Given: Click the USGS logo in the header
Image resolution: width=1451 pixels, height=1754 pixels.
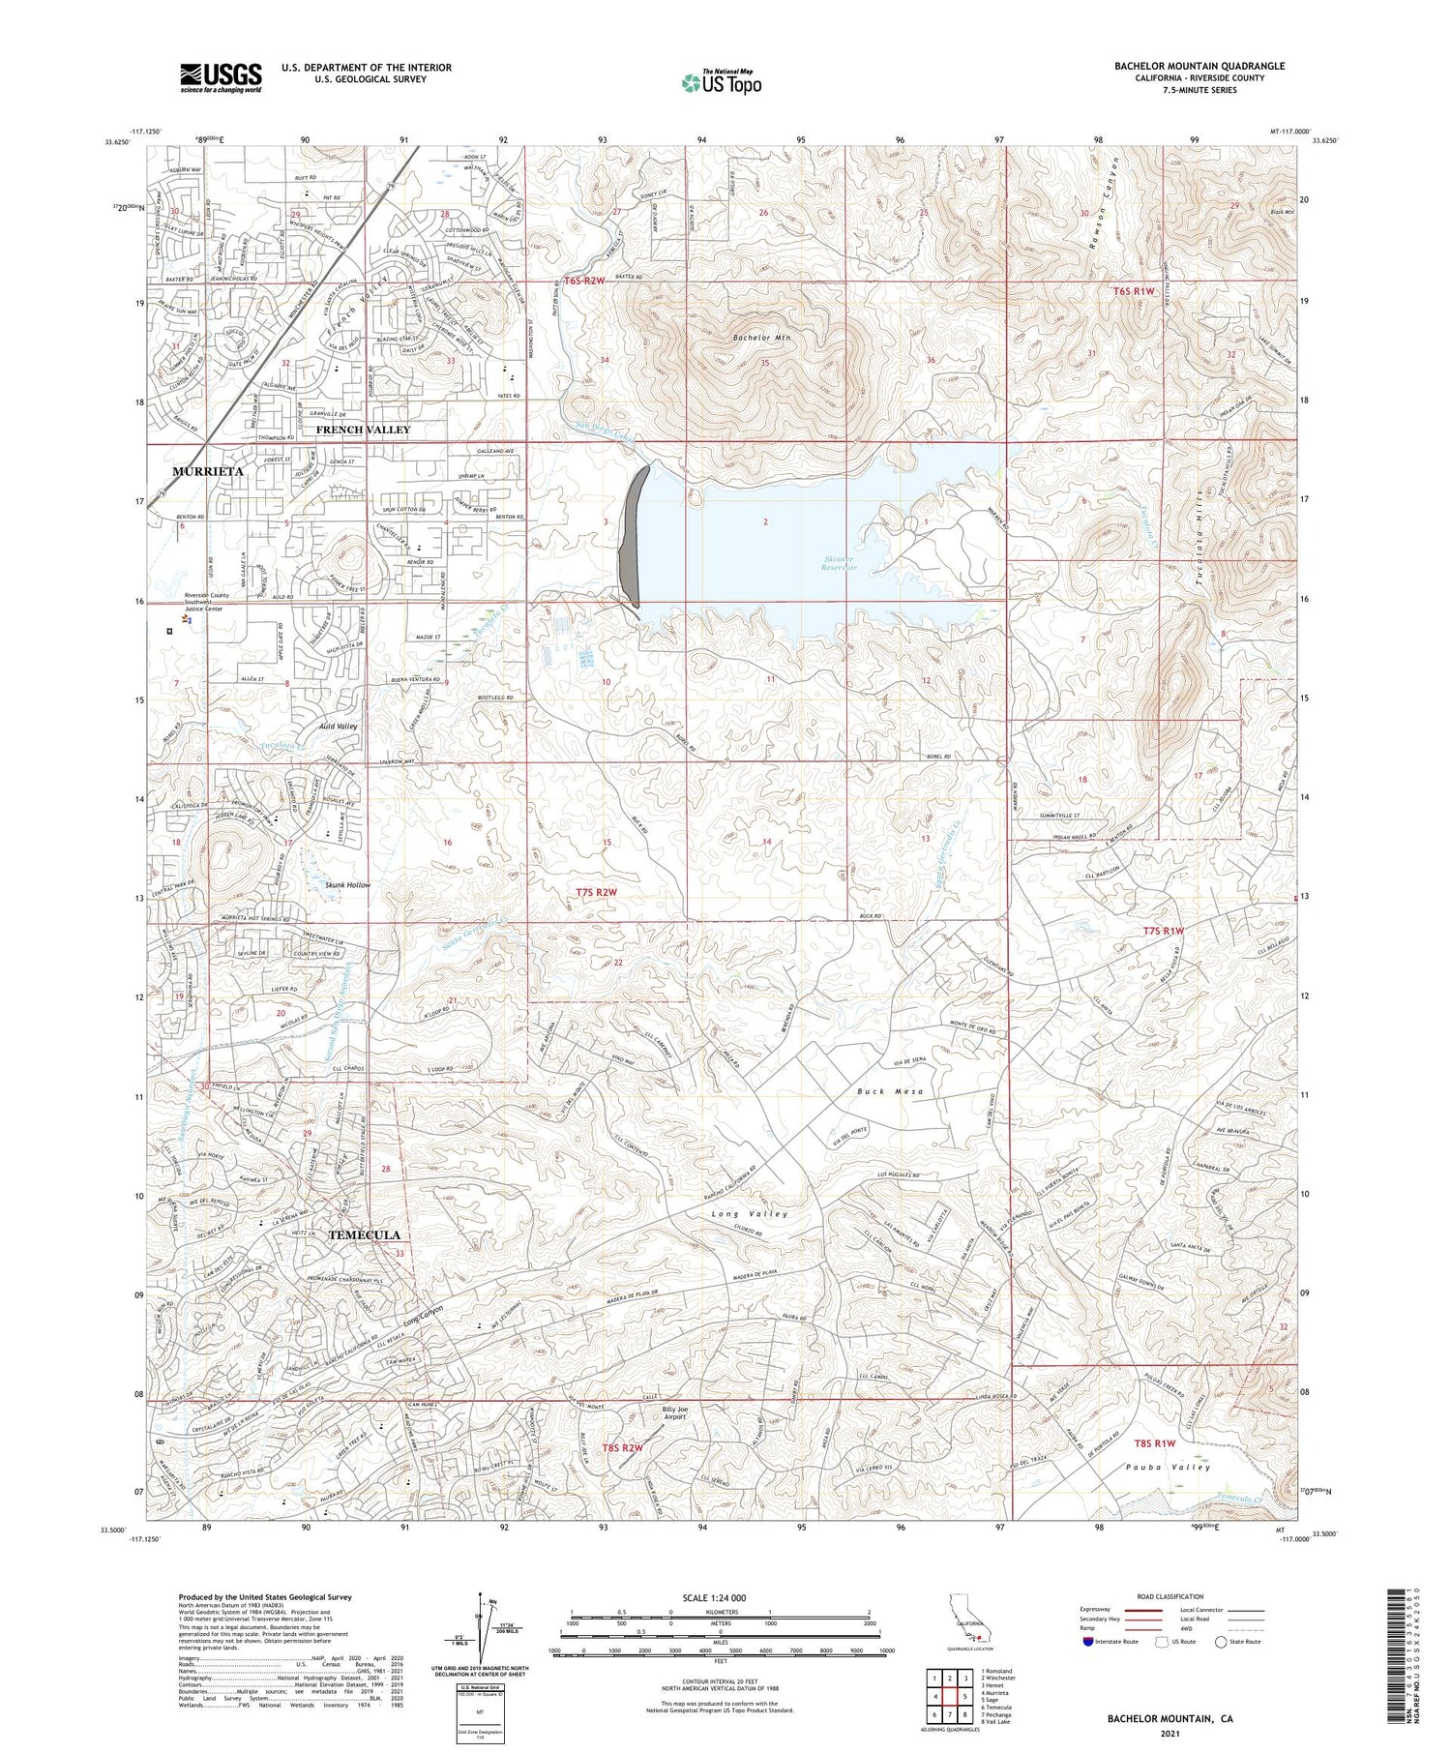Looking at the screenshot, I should point(221,77).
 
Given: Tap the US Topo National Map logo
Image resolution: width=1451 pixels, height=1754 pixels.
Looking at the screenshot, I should point(721,82).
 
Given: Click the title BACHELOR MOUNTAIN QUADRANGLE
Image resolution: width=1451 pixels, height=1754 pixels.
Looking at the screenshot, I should point(1199,66).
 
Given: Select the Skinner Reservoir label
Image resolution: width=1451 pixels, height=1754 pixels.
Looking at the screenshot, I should point(841,563).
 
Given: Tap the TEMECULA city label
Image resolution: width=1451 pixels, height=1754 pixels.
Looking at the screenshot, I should point(364,1235).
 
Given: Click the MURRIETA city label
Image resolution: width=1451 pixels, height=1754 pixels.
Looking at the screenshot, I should point(207,470).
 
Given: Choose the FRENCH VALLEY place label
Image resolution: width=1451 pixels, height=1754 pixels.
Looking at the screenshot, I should point(363,429).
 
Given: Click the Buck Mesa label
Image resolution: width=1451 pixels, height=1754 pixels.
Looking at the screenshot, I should point(890,1091).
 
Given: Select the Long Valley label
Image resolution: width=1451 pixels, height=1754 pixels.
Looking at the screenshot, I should point(749,1213).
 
